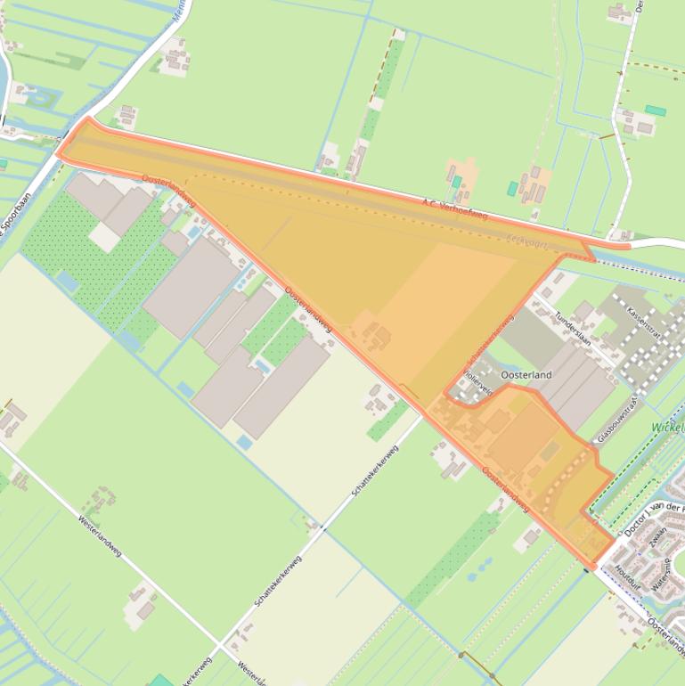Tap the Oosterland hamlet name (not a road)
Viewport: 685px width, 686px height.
tap(526, 376)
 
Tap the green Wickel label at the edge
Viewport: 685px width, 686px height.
tap(667, 427)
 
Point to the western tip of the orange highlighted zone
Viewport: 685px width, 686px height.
tap(59, 154)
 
